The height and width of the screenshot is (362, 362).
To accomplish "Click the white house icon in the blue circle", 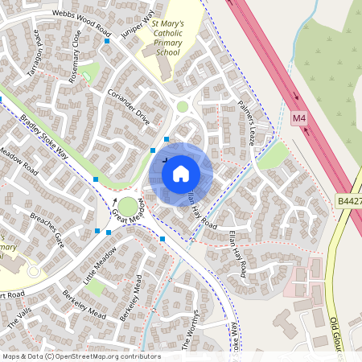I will click(x=181, y=173).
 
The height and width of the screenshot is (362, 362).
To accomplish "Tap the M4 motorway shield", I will click(x=299, y=119).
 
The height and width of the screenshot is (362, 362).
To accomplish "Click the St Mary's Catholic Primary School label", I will click(x=167, y=39).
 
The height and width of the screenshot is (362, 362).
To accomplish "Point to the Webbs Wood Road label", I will click(x=81, y=21).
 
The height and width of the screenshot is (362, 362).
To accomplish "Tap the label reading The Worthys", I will click(x=195, y=330).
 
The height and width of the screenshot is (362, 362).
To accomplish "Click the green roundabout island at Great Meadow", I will click(x=128, y=207).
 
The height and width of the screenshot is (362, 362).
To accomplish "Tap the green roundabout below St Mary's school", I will click(x=183, y=106).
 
